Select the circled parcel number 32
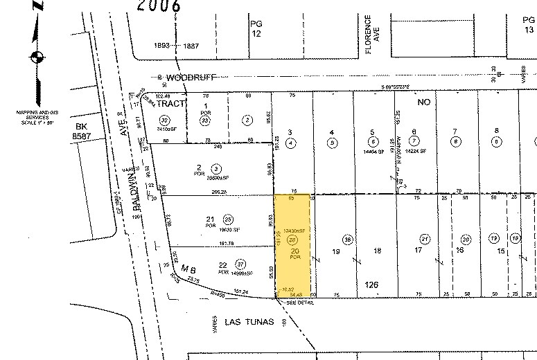(165, 120)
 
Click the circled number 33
(205, 120)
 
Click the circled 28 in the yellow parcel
(292, 240)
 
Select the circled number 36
(349, 240)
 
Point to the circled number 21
(425, 240)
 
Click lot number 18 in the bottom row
(378, 251)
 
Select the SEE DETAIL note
(292, 301)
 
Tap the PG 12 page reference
(256, 28)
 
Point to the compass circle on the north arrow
(38, 57)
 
